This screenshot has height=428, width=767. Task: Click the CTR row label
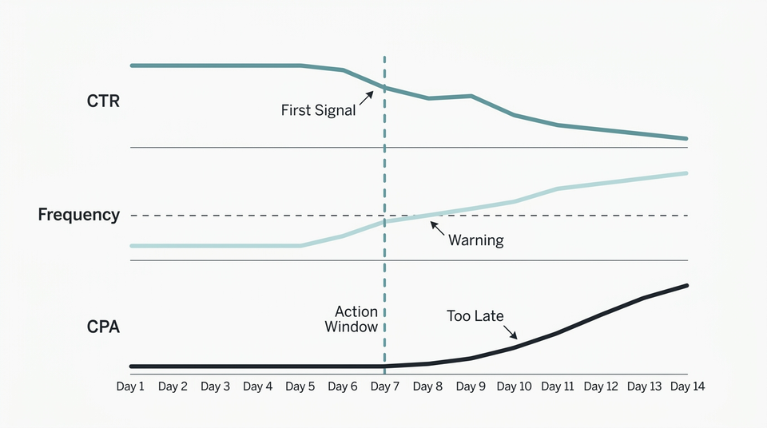103,101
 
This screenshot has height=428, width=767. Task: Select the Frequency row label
79,215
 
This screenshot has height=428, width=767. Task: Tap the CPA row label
103,327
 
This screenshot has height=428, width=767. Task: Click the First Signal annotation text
318,111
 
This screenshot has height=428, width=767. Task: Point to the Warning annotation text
475,240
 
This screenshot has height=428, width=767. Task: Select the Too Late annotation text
475,316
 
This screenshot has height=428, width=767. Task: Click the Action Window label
356,319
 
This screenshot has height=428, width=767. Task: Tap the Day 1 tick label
130,386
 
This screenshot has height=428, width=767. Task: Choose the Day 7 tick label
385,386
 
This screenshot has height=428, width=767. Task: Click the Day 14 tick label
686,386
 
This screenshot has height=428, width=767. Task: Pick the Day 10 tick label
514,386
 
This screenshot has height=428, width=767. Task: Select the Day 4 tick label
257,386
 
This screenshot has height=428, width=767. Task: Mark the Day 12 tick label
600,386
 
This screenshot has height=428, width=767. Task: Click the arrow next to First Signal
366,97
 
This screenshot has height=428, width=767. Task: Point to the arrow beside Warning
437,228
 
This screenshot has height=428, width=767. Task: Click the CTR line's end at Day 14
686,139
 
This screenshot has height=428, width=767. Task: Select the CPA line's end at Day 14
686,286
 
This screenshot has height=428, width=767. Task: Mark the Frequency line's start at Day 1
132,246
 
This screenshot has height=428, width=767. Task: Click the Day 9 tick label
471,386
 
